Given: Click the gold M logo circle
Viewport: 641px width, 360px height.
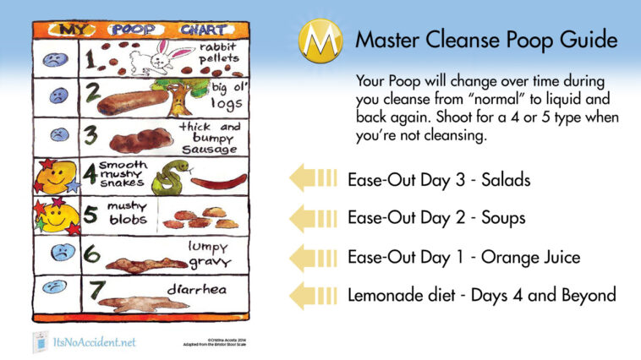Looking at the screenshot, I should pos(320,40).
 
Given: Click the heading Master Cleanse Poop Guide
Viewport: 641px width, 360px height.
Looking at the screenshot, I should pos(485,40).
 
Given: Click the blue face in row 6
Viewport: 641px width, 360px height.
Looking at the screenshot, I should pos(60,252).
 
